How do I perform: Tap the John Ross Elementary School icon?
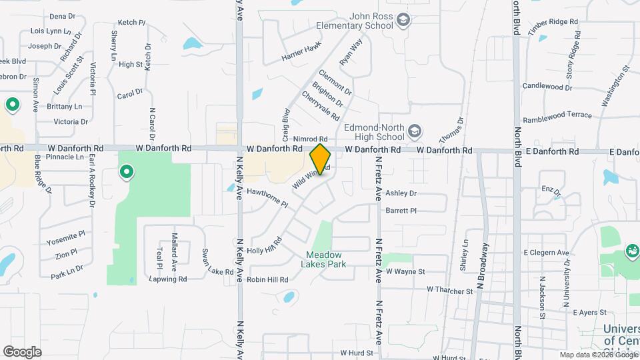click(x=403, y=21)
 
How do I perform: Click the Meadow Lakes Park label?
click(x=324, y=259)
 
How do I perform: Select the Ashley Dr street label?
click(x=401, y=193)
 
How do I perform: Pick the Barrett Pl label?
click(x=401, y=211)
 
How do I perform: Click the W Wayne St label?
click(x=406, y=272)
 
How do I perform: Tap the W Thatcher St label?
click(x=450, y=290)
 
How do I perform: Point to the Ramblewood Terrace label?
click(x=557, y=115)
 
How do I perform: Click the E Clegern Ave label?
click(x=546, y=253)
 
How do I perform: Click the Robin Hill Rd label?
click(x=268, y=280)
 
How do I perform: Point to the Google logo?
click(x=23, y=351)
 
